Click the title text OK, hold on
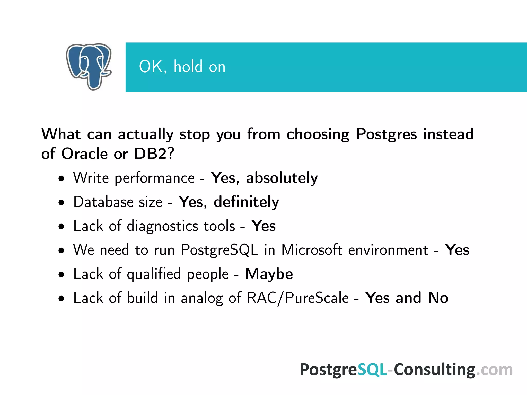182,67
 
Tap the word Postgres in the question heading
386,134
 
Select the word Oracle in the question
84,154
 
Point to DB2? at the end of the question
154,154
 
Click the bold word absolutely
282,178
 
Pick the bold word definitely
246,202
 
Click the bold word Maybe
269,274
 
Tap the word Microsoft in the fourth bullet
312,250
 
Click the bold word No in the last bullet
438,298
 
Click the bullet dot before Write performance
61,179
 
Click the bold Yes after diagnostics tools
263,226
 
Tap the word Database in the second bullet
103,202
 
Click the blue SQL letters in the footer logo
372,370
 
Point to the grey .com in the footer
494,370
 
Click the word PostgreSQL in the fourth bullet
219,250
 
